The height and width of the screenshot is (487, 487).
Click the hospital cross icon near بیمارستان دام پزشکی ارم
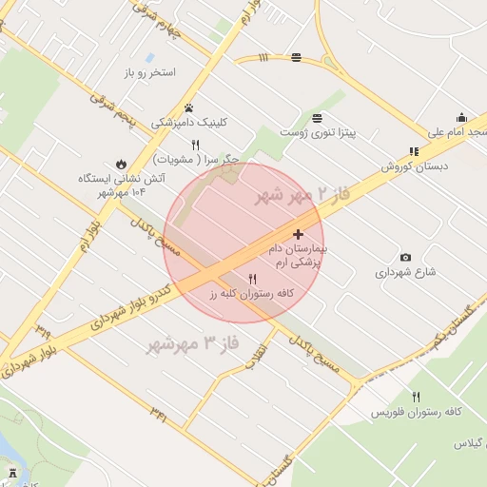pyautogui.click(x=298, y=234)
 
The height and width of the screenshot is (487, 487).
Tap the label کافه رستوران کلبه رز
pyautogui.click(x=248, y=295)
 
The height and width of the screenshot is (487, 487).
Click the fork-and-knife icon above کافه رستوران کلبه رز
pyautogui.click(x=252, y=280)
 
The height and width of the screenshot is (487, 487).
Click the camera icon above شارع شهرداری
pyautogui.click(x=406, y=257)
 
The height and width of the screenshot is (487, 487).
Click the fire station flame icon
pyautogui.click(x=121, y=163)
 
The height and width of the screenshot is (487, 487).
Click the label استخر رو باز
pyautogui.click(x=150, y=72)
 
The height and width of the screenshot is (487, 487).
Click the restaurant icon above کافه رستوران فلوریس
pyautogui.click(x=416, y=397)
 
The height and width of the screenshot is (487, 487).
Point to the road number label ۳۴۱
pyautogui.click(x=158, y=413)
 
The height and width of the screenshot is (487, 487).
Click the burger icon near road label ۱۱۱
pyautogui.click(x=297, y=57)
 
